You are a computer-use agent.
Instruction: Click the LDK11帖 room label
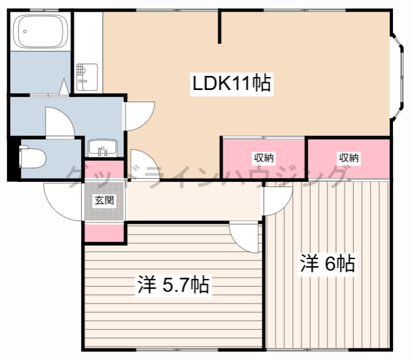coord(232,84)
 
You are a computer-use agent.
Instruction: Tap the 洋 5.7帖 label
coord(173,285)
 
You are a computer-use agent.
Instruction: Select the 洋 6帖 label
coord(327,264)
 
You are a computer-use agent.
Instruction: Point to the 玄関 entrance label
coord(104,201)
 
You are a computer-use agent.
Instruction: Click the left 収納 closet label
coord(264,157)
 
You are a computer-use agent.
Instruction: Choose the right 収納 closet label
coord(349,157)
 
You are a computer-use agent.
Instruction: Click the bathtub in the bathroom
coord(41,32)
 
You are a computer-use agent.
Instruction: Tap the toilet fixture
coord(33,158)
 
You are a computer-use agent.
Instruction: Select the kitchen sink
coord(87,77)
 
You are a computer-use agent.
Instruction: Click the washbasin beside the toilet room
coord(102,147)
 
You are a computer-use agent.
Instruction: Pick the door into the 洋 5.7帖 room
coord(244,237)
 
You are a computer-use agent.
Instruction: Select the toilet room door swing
coord(60,122)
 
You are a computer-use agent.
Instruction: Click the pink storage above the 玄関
coord(104,170)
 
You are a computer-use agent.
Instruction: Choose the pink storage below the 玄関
coord(104,233)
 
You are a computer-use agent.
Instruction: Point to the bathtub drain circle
coord(25,32)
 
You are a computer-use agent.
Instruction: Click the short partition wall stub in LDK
coord(220,27)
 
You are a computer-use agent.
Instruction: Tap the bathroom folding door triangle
coord(64,87)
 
